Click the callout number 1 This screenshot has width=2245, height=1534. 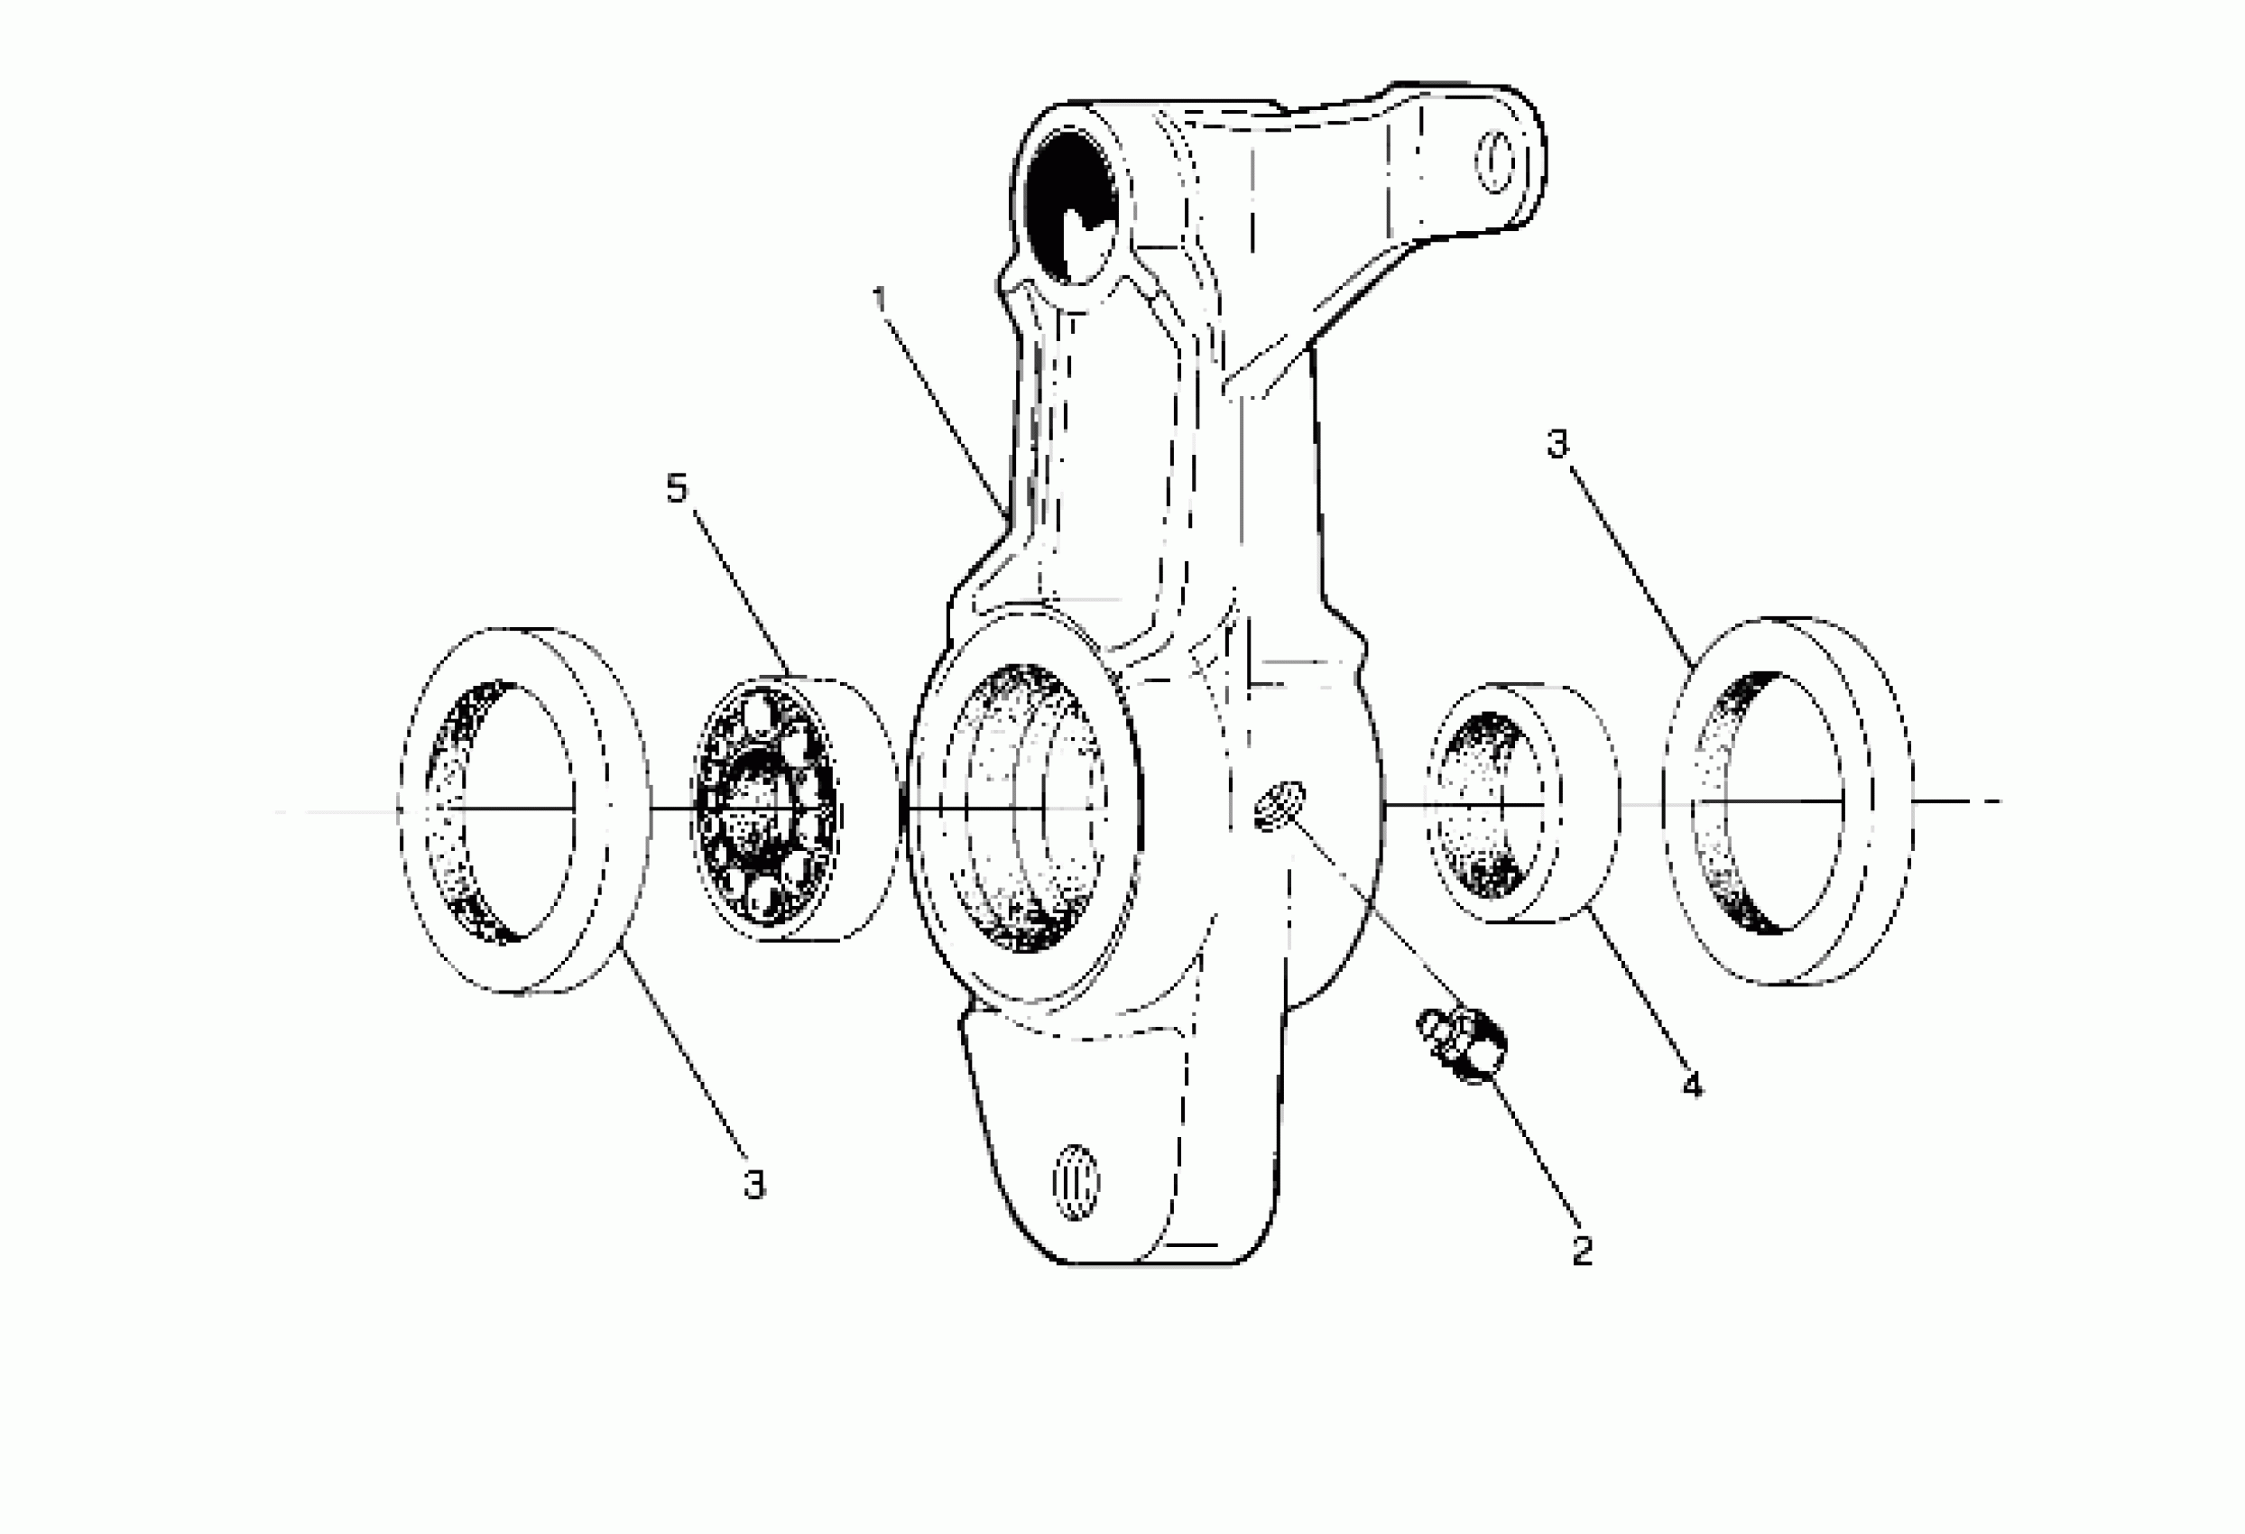[879, 299]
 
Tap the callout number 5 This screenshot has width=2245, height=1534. [677, 489]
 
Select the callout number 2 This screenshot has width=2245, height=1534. [1583, 1250]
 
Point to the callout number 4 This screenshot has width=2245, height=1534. [1693, 1085]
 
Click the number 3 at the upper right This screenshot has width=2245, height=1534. [1558, 444]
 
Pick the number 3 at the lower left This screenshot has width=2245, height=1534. [754, 1184]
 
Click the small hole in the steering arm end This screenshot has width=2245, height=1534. [1495, 162]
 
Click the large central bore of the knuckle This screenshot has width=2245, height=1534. [1024, 807]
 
